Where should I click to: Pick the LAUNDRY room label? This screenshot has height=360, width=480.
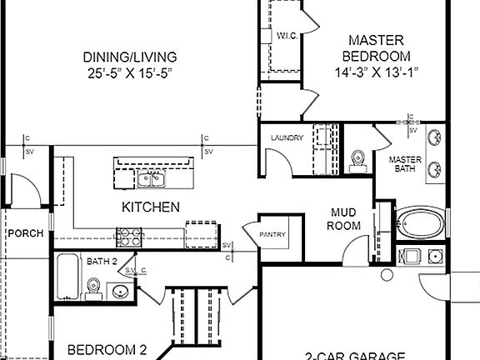(x=285, y=138)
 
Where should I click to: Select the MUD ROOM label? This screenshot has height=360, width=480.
(x=344, y=219)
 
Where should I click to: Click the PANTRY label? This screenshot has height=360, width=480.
(x=272, y=235)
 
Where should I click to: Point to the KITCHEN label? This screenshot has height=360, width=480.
(x=150, y=207)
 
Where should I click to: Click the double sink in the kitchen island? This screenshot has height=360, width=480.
(x=151, y=177)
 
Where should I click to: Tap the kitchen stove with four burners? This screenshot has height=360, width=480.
(x=127, y=237)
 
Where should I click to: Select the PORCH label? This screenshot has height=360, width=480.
(x=25, y=233)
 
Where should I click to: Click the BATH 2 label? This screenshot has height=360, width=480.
(x=102, y=262)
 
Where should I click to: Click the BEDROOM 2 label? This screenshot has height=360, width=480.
(x=107, y=349)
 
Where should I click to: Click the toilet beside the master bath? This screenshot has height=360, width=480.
(x=358, y=158)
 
